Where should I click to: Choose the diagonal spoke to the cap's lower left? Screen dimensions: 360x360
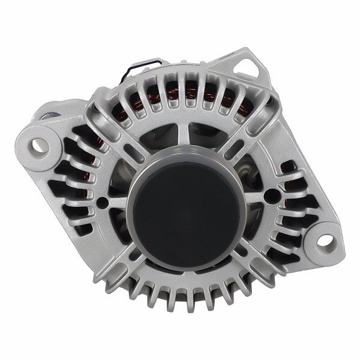coord(120,264)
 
